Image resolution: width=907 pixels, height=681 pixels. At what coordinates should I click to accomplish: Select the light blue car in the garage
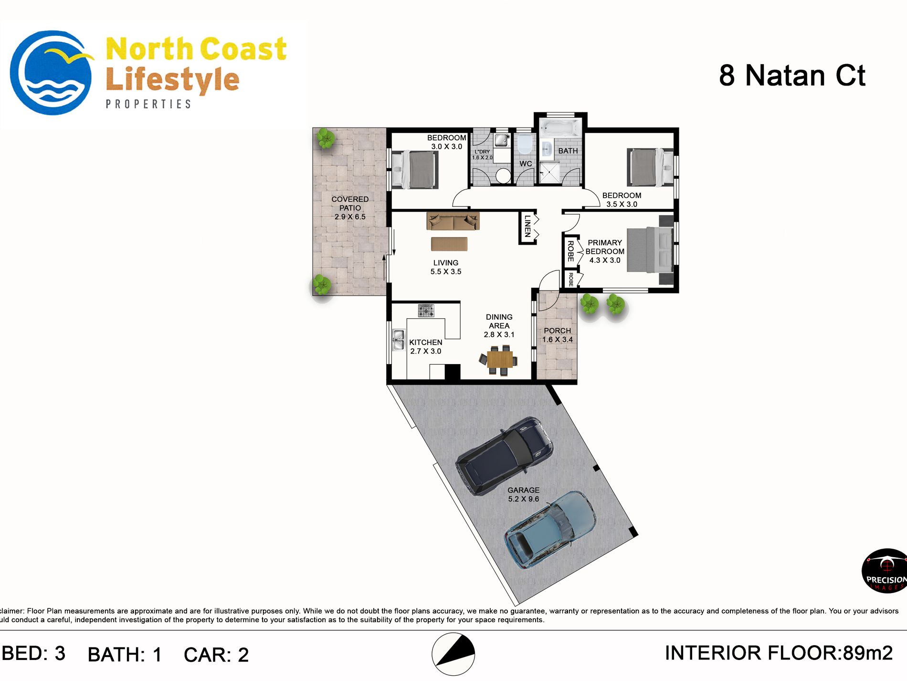550,530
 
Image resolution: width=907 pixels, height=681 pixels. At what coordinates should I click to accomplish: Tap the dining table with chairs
499,359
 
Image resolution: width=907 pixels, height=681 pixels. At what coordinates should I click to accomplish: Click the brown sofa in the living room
453,221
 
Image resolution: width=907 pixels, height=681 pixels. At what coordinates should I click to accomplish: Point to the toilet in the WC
525,144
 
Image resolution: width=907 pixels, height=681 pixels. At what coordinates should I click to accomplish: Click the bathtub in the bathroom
560,128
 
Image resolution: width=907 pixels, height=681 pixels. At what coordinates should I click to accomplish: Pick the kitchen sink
399,339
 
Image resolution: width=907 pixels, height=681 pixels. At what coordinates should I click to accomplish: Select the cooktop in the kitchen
426,311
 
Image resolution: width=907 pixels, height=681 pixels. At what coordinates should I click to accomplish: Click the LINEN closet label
527,227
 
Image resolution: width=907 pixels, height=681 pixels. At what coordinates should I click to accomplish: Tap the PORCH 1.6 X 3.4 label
557,335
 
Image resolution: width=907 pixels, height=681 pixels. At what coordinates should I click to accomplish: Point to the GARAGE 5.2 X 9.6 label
523,494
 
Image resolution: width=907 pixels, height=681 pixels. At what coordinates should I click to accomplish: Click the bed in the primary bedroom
650,250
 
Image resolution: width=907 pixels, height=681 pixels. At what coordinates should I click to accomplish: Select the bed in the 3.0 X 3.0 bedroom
414,169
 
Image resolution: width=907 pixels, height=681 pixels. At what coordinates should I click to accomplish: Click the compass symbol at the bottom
453,654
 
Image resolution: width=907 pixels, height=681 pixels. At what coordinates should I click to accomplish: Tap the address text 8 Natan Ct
792,76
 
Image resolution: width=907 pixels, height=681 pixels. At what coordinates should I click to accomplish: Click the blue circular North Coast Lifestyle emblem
51,73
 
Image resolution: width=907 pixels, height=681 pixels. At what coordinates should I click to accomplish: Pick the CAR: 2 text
216,655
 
